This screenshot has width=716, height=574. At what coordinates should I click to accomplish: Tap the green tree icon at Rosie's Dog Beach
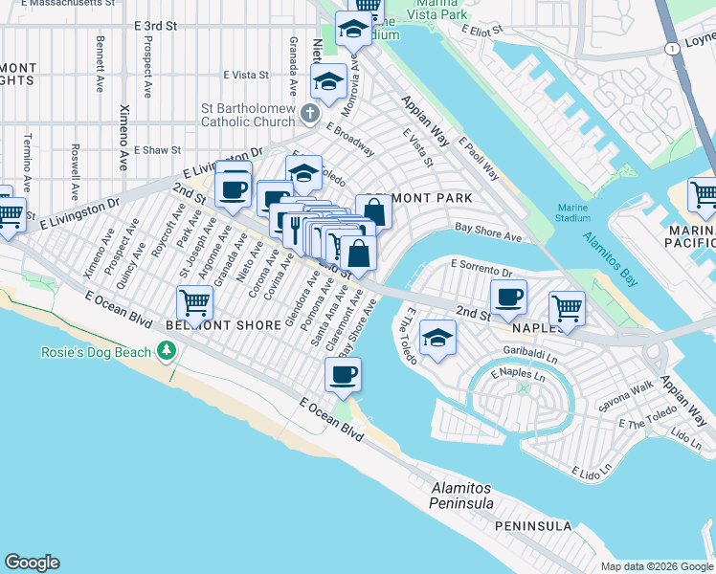tap(168, 352)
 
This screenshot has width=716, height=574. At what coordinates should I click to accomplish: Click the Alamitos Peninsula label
tap(461, 496)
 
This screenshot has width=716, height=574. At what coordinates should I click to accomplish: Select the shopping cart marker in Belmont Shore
tap(196, 303)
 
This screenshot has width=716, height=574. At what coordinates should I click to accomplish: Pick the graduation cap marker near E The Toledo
tap(437, 340)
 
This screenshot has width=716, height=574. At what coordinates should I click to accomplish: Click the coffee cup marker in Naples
tap(508, 297)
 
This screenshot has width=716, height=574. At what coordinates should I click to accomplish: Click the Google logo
tap(32, 563)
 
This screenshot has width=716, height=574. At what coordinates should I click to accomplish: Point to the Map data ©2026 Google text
tap(657, 566)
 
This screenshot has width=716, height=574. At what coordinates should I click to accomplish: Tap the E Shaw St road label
tap(157, 150)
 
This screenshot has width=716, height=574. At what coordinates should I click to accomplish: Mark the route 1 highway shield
tap(672, 48)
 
